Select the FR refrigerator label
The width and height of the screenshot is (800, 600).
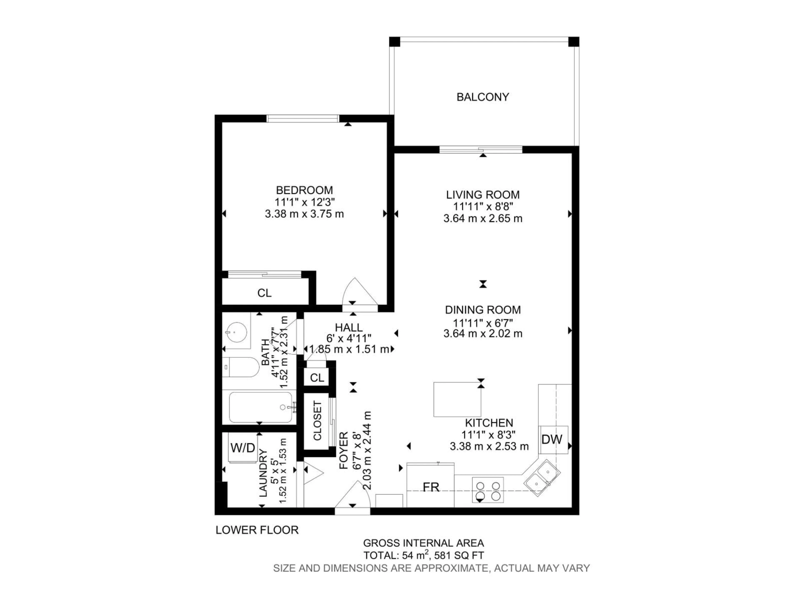(x=431, y=487)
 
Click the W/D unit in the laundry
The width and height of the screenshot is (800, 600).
(x=243, y=448)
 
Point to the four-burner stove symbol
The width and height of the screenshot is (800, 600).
(x=487, y=490)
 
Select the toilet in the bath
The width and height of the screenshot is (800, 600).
(x=240, y=367)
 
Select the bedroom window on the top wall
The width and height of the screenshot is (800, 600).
(x=303, y=118)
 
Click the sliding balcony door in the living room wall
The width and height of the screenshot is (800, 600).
(x=481, y=149)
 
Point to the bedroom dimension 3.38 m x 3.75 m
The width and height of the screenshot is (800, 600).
(x=304, y=214)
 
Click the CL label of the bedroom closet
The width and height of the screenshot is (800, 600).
(x=264, y=293)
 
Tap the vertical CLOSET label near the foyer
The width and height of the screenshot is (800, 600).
(x=317, y=421)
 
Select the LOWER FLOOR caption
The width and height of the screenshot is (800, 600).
(x=257, y=530)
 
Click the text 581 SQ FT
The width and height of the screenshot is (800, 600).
(x=459, y=555)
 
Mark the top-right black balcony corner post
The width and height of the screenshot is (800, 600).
(x=574, y=42)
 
